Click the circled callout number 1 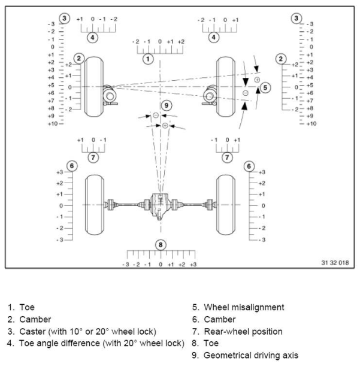pos(148,59)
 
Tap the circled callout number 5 pos(266,87)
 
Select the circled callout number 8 pos(160,244)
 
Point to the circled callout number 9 pos(167,105)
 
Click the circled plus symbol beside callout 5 pos(256,80)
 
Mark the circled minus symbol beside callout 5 pos(246,93)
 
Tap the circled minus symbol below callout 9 pos(155,115)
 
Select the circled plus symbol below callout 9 pos(165,125)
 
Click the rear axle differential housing pos(160,205)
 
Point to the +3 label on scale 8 pos(192,263)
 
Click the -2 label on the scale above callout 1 pos(137,42)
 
